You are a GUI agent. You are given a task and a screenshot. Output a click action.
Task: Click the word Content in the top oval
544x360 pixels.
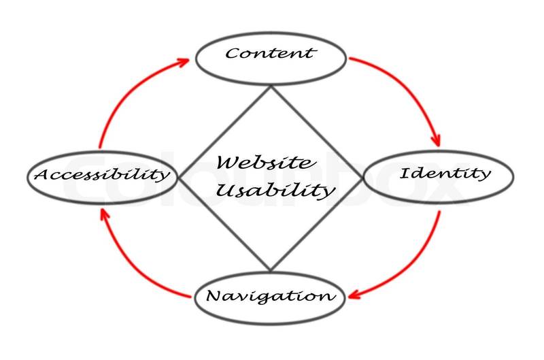tap(271, 52)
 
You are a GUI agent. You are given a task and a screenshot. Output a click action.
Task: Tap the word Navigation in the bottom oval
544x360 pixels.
tap(270, 297)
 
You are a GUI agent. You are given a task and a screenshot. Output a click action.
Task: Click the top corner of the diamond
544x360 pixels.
tap(271, 86)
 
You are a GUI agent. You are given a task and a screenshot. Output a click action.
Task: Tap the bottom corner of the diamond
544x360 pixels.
tap(271, 270)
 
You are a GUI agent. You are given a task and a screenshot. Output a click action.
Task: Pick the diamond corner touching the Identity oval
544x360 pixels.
tap(363, 178)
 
